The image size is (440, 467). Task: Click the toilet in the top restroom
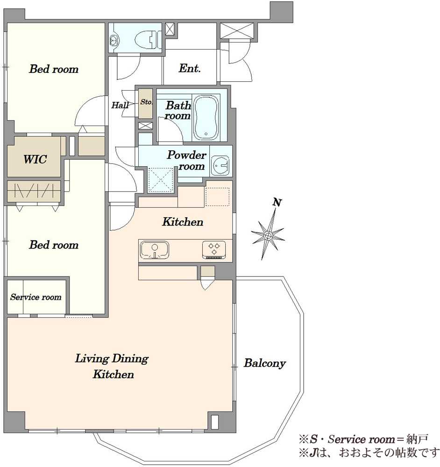(x=148, y=39)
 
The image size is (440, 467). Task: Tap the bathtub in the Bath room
(x=206, y=117)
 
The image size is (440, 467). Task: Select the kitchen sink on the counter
(x=155, y=250)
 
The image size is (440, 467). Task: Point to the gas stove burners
(x=214, y=249)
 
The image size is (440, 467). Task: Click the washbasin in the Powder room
(x=220, y=165)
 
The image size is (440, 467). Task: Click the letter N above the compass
(x=277, y=202)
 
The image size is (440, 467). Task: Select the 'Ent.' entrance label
(x=190, y=68)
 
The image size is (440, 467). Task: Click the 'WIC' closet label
(x=35, y=159)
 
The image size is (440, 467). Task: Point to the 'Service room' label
(x=36, y=297)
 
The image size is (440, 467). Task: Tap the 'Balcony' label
(x=264, y=363)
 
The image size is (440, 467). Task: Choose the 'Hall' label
(x=120, y=105)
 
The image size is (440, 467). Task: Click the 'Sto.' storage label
(x=146, y=102)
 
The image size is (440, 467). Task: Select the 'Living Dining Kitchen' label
(x=112, y=366)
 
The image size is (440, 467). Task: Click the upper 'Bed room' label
(x=54, y=69)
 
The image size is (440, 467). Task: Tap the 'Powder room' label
(x=187, y=161)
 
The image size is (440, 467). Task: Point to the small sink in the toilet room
(x=114, y=40)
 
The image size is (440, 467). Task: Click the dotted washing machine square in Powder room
(x=161, y=180)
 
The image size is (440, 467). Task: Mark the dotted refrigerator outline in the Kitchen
(x=217, y=197)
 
